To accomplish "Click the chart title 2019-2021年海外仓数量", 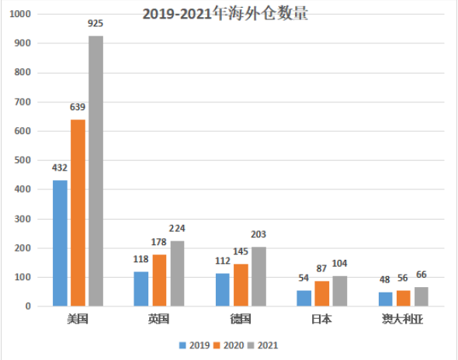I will [225, 14].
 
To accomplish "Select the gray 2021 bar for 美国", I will [95, 171].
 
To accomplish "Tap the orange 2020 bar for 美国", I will [78, 213].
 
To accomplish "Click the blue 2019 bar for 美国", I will [60, 243].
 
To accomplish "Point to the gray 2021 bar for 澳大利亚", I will [422, 296].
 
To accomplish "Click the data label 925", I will [95, 25].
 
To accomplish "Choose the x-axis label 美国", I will [78, 319].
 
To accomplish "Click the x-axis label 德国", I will [241, 319].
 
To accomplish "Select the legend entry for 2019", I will [195, 344].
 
